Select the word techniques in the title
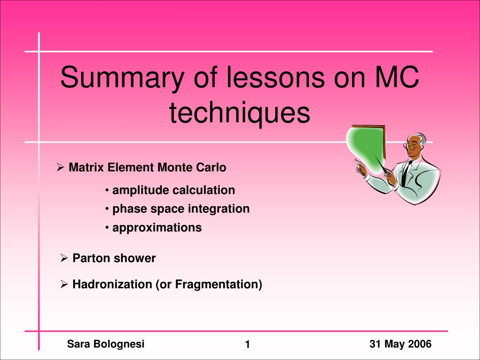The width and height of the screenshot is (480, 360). pos(240,113)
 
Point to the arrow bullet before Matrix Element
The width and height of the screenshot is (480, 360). pos(60,167)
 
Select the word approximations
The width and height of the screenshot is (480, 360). pos(157,228)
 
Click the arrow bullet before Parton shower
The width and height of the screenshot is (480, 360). pos(64,258)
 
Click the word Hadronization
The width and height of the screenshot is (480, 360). pos(112,285)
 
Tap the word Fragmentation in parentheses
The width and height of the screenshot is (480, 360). pos(217,285)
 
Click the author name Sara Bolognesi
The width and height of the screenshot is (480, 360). pos(105,344)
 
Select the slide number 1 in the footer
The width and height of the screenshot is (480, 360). pos(247,345)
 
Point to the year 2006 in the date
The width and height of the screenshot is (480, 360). pos(420,344)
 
